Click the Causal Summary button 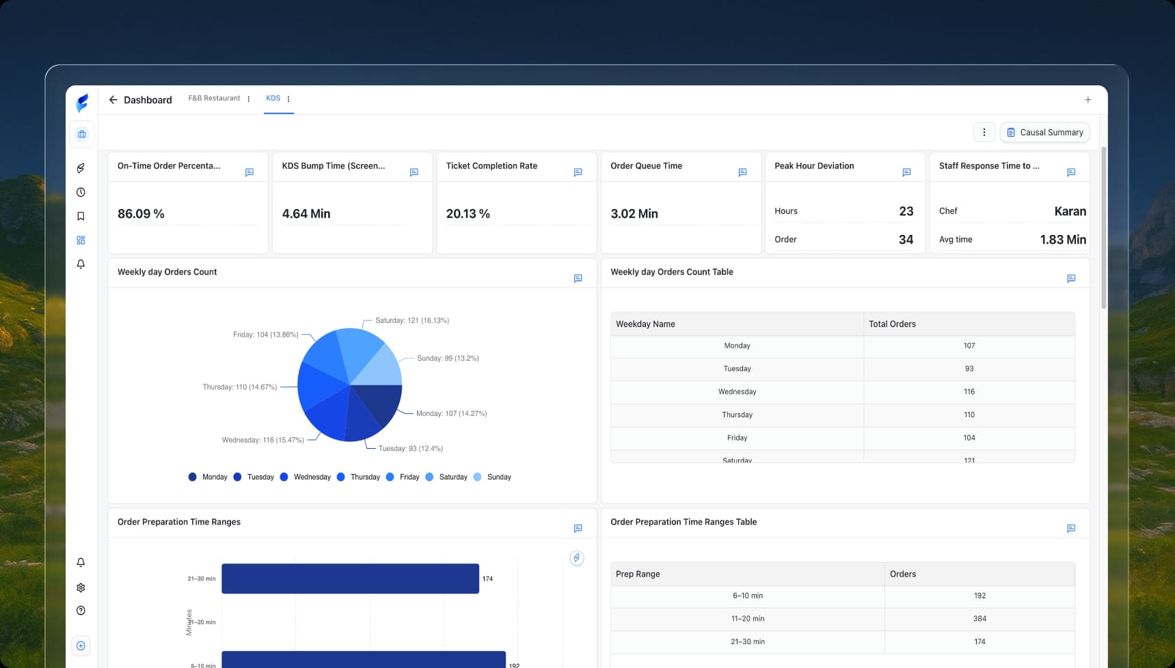point(1044,133)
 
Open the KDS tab point(273,98)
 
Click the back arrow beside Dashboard point(113,100)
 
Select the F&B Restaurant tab point(214,98)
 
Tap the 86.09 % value point(141,214)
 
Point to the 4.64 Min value point(306,214)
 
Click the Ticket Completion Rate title point(491,166)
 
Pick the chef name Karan point(1070,211)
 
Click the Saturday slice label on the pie point(411,320)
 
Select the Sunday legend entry point(498,477)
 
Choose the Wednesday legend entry point(312,477)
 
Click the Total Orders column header point(892,324)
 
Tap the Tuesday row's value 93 point(969,369)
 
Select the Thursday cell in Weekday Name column point(737,415)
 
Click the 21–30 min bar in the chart point(350,579)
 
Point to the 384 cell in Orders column point(980,619)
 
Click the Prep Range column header point(638,574)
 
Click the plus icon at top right point(1088,100)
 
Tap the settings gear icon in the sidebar point(81,587)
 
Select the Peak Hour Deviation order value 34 point(906,240)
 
